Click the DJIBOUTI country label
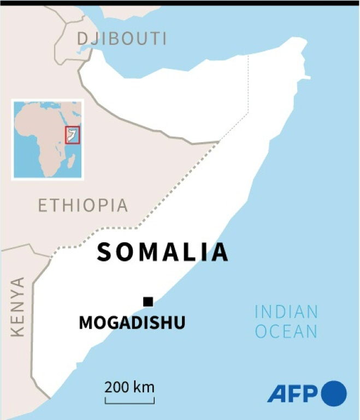tap(122, 39)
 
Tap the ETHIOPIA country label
tap(83, 206)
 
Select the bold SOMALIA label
tap(162, 252)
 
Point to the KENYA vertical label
tap(18, 307)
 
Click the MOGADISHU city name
tap(132, 323)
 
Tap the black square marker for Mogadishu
tap(147, 301)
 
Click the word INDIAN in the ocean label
tap(286, 312)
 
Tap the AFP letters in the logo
tap(292, 394)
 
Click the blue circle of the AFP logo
tap(334, 394)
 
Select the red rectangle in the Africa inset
tap(73, 135)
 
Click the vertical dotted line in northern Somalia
tap(248, 87)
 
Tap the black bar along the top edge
tap(180, 3)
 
